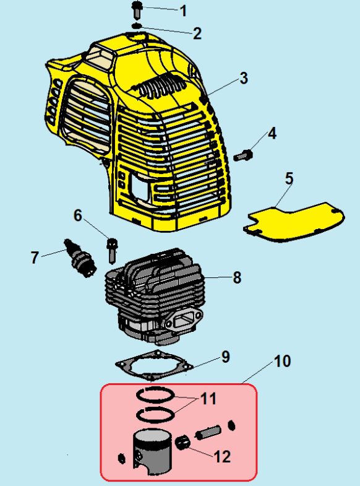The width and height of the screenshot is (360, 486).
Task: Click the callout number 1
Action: [x=184, y=11]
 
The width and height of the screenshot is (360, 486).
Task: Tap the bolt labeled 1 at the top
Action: [x=137, y=9]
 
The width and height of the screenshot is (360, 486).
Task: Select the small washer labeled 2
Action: [x=137, y=25]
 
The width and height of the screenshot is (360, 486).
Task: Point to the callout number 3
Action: [x=244, y=78]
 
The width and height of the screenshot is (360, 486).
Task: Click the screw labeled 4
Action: [x=244, y=154]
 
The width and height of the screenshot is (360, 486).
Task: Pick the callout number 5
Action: [x=289, y=178]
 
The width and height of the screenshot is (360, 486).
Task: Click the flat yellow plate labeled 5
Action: [x=294, y=222]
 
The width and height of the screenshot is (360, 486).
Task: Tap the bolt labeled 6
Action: [x=112, y=251]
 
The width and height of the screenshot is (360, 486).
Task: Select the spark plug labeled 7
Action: [x=80, y=259]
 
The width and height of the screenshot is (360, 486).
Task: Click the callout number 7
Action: [x=35, y=258]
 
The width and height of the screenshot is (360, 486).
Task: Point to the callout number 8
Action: [x=237, y=277]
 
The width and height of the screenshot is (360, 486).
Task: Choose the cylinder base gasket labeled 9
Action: [x=154, y=366]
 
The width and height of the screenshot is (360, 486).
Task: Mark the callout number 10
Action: [x=282, y=361]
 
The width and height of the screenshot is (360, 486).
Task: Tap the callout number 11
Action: [x=208, y=399]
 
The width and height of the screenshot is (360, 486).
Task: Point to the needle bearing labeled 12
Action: [x=182, y=441]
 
